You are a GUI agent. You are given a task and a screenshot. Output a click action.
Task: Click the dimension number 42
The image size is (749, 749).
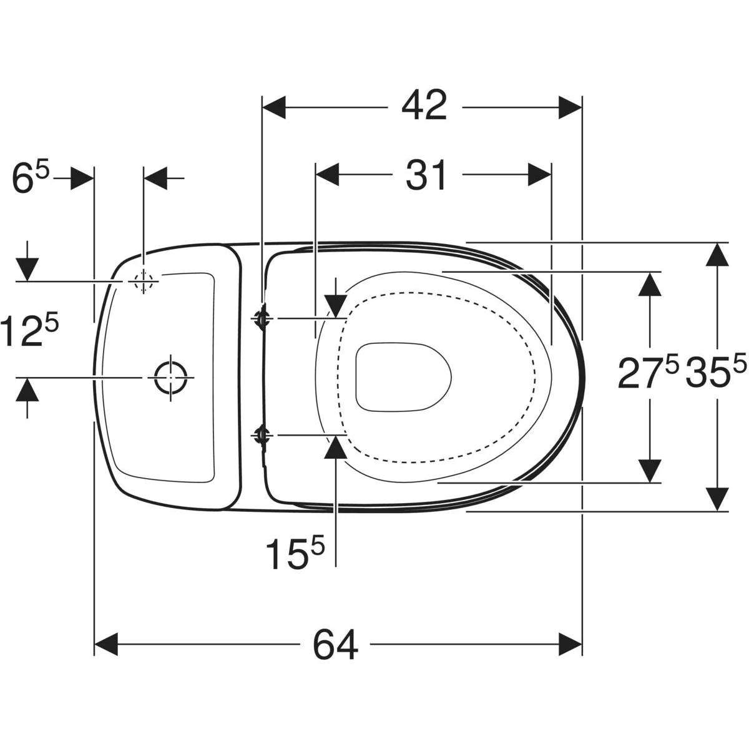click(424, 107)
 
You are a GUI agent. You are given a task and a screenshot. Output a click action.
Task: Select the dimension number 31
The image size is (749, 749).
click(426, 175)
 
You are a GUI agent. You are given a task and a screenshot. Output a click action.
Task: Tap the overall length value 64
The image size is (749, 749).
click(335, 644)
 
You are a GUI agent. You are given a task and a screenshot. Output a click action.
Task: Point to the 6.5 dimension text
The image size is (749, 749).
click(31, 179)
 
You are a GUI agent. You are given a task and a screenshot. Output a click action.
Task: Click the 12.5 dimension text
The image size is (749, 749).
click(29, 330)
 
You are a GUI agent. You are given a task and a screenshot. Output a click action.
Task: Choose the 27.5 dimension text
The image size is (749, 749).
click(648, 373)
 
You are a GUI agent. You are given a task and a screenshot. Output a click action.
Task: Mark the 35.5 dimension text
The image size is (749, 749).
click(715, 373)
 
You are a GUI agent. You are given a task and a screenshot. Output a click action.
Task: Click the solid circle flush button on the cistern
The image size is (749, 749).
click(170, 377)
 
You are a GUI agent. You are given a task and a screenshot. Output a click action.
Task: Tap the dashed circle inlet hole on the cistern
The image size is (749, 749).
click(144, 281)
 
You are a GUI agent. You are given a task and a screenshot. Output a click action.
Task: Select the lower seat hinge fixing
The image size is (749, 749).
click(261, 436)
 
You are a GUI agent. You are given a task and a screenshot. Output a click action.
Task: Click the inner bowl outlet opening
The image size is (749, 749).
click(403, 377)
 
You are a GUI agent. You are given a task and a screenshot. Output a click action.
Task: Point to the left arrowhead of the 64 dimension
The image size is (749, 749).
click(107, 644)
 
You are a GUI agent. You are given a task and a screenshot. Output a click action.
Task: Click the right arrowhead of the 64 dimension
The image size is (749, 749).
click(570, 644)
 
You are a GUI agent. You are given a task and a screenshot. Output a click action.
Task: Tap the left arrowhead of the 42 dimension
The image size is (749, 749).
click(275, 107)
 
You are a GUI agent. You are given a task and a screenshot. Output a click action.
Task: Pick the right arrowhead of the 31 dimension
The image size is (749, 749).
click(539, 175)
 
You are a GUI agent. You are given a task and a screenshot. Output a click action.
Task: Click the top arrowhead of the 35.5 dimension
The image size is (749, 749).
click(717, 254)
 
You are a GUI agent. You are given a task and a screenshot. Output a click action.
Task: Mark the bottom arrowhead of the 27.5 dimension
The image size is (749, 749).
click(650, 471)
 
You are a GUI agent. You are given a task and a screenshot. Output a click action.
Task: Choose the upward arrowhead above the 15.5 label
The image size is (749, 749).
click(336, 448)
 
